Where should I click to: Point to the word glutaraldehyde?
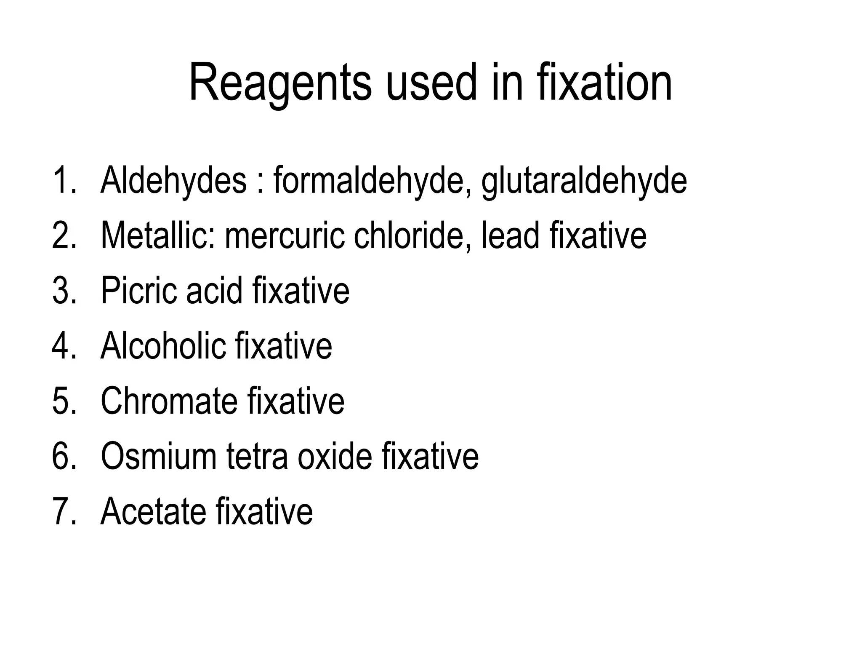[584, 182]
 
